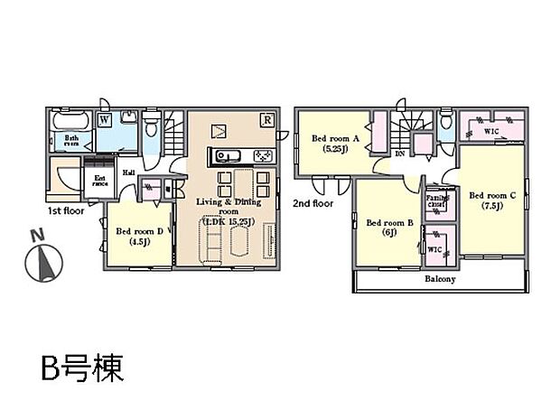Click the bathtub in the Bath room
(x=70, y=120)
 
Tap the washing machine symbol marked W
(x=105, y=118)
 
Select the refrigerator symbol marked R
(x=266, y=119)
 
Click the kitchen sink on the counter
(x=223, y=155)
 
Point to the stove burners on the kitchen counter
(x=263, y=155)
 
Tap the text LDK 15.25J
(x=229, y=220)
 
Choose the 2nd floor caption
(x=313, y=204)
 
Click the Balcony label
(x=440, y=279)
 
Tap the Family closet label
(x=438, y=200)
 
